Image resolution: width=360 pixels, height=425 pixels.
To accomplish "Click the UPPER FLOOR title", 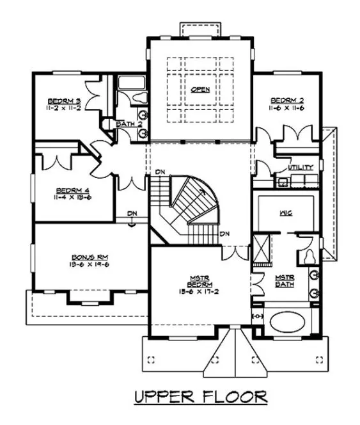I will click(x=200, y=397).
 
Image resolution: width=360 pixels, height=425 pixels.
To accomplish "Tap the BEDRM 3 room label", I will click(x=64, y=101).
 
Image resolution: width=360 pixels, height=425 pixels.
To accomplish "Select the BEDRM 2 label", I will click(x=286, y=100).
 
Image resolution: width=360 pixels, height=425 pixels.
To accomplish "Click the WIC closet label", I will click(x=286, y=212).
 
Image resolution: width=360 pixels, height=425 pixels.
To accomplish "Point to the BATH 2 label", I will click(x=128, y=124).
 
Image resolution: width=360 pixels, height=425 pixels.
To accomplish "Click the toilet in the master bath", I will click(x=308, y=254).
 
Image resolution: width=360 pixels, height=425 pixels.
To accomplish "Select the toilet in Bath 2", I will click(x=135, y=98).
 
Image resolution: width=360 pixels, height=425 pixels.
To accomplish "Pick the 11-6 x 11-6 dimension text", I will click(x=286, y=108).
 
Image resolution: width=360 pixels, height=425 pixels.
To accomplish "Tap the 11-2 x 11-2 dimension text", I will click(x=64, y=108).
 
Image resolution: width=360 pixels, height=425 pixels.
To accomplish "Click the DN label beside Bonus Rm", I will click(x=131, y=214).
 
